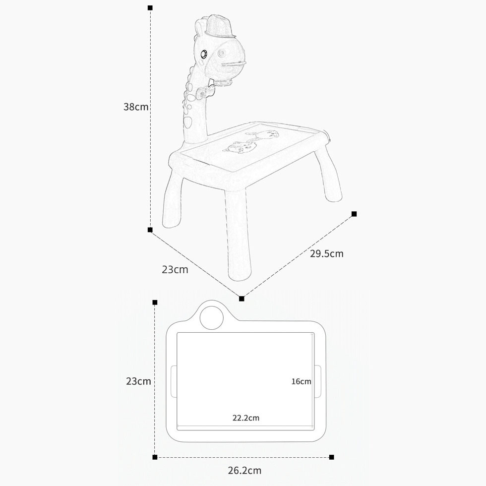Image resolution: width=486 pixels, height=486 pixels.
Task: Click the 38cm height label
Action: point(136,107)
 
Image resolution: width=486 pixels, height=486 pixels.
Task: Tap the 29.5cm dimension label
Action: point(327,253)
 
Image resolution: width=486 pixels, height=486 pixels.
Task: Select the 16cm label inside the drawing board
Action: point(301,381)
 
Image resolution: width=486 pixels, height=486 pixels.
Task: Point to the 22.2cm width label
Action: point(246,418)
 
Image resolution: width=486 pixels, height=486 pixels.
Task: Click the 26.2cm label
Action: point(244,471)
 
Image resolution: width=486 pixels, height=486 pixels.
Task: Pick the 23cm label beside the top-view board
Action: point(138,381)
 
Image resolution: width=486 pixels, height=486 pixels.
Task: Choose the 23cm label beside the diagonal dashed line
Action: point(175,269)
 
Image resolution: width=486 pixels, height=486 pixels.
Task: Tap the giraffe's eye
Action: point(204,55)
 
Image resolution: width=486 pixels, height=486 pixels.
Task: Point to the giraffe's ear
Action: point(200,28)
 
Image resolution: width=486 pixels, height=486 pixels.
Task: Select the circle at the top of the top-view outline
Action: point(212,318)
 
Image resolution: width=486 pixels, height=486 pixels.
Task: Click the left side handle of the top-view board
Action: point(174,381)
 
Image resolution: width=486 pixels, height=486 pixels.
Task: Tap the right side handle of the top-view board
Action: point(318,381)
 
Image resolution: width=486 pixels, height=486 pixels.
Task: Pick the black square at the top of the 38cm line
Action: point(150,7)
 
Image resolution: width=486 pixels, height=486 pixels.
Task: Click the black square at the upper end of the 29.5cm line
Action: point(354,214)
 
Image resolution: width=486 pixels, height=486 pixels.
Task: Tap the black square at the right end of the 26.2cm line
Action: point(332,457)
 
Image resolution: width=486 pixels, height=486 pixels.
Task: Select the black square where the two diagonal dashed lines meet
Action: point(242,299)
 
